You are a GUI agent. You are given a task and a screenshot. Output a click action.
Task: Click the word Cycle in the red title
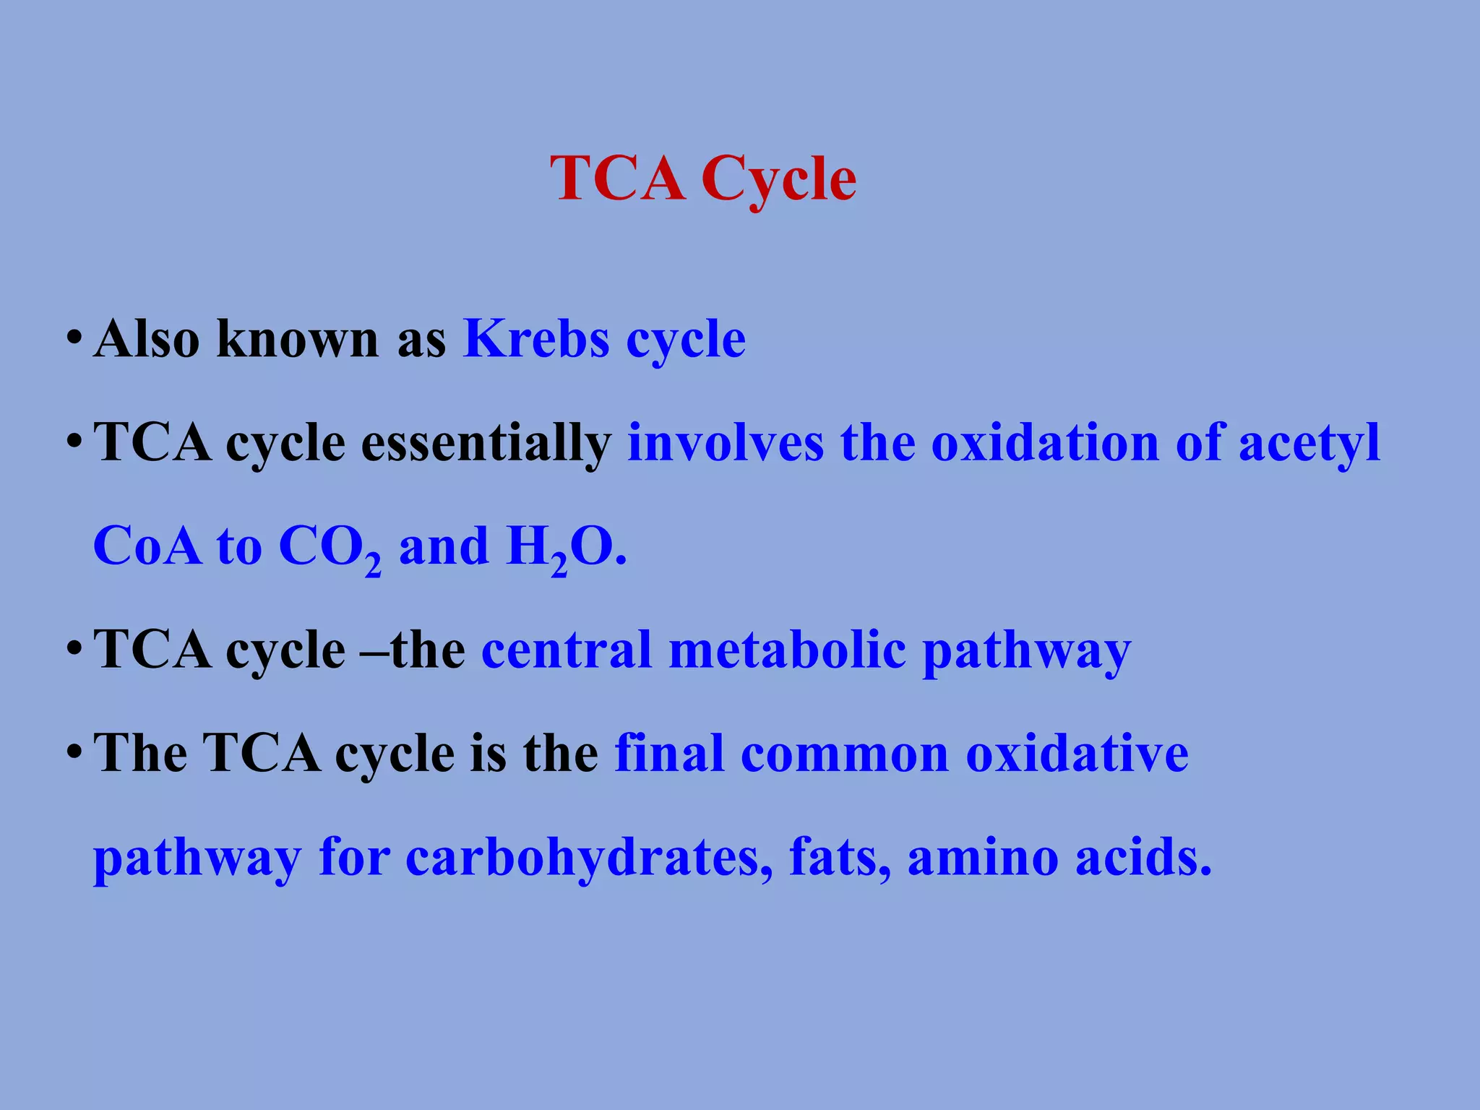pos(778,179)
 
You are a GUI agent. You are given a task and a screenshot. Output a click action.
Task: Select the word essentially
pos(486,443)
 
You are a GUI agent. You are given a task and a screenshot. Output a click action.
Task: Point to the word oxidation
pos(1045,443)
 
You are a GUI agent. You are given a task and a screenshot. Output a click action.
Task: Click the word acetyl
pos(1309,443)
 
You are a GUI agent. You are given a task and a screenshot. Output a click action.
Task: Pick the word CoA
pos(147,546)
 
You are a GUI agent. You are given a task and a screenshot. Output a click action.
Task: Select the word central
pos(567,650)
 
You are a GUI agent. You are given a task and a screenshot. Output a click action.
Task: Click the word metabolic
pos(788,650)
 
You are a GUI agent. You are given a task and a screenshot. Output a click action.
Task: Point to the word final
pos(669,754)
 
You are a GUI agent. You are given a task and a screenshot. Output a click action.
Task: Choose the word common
pos(845,754)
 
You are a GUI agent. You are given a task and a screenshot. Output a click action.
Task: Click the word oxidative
pos(1077,754)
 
